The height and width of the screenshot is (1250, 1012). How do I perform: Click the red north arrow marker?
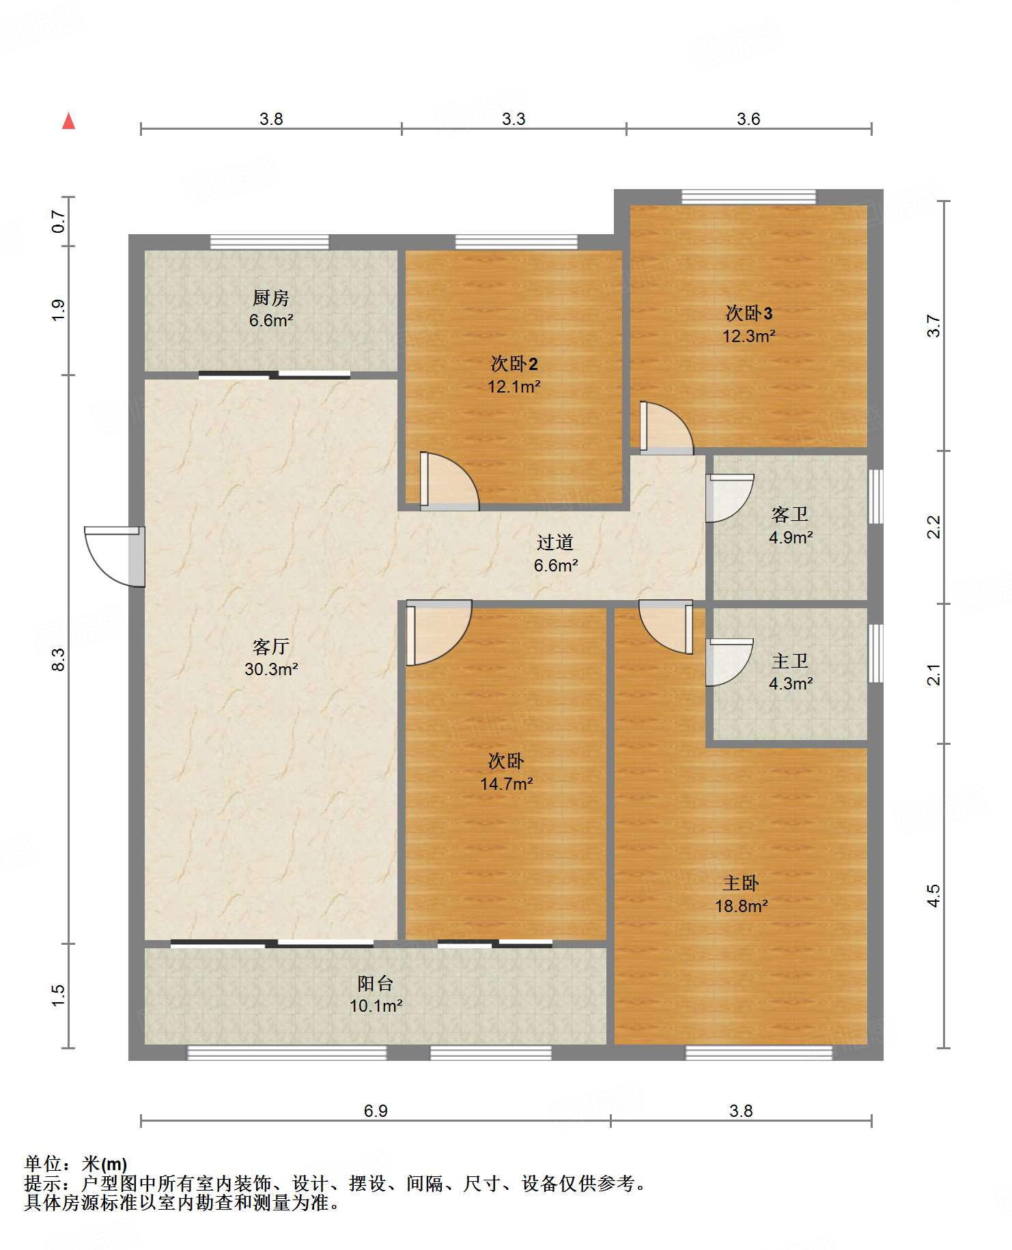coord(68,121)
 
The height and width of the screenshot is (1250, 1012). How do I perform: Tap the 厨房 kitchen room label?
coord(271,298)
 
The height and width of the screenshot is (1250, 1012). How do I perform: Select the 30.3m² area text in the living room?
coord(271,669)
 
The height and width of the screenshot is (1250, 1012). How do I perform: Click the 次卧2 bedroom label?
coord(514,364)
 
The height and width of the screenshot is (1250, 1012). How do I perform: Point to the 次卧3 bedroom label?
coord(749,313)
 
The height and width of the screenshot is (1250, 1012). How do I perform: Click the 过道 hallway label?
coord(554,542)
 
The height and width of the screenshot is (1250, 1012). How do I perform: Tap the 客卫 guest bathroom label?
coord(790,514)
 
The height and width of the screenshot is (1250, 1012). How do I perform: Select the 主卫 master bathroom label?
coord(790,661)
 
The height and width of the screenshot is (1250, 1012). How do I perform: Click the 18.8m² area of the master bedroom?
coord(742,906)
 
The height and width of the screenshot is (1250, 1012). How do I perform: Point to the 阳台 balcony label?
coord(376,983)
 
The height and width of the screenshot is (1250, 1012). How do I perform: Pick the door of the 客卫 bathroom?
coord(730,498)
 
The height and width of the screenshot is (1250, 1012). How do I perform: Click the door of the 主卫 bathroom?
coord(730,662)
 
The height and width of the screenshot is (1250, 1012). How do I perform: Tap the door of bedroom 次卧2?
coord(449,481)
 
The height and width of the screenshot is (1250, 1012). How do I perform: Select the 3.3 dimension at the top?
coord(514,119)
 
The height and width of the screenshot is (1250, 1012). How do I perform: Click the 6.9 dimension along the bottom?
coord(376,1111)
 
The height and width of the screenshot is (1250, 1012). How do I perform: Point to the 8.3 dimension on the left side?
coord(59,659)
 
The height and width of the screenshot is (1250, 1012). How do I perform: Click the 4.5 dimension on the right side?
coord(933,896)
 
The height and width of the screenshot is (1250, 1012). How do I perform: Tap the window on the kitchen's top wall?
coord(269,242)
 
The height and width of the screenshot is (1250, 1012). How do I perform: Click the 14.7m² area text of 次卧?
coord(507,784)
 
